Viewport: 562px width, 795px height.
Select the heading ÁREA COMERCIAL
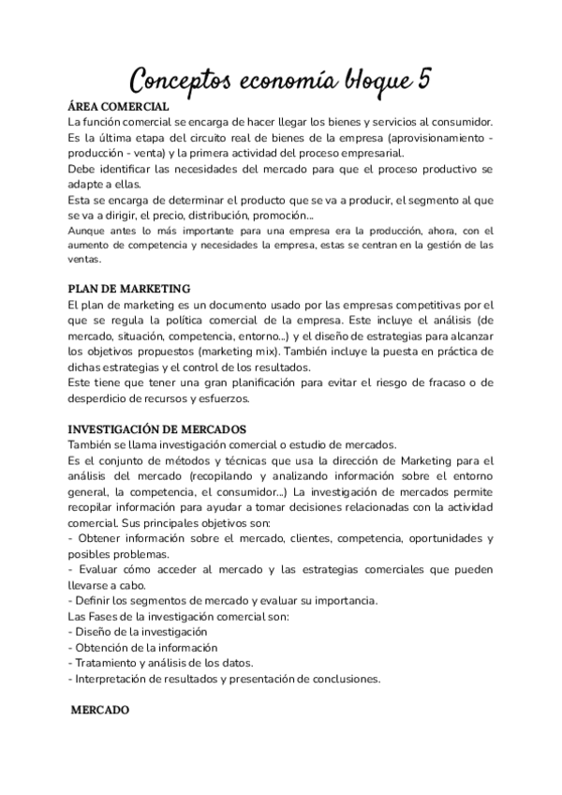coord(118,107)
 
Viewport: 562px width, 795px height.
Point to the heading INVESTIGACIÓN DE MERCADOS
coord(159,427)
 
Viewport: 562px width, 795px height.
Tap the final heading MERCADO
coord(100,712)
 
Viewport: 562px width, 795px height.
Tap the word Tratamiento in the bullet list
coord(109,662)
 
